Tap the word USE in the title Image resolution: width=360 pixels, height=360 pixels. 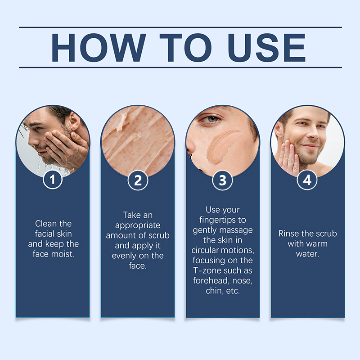point(266,48)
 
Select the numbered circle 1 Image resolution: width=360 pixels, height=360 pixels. point(53,179)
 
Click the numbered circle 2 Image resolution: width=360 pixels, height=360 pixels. point(138,180)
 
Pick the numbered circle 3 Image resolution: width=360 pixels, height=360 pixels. point(222,180)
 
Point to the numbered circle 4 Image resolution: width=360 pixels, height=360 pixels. point(307,180)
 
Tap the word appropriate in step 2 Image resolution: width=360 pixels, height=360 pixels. point(138,226)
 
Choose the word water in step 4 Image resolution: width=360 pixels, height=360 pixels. point(308,254)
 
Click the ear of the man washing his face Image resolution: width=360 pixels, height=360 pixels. point(74,121)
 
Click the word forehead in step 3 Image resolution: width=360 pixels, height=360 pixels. point(211,280)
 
